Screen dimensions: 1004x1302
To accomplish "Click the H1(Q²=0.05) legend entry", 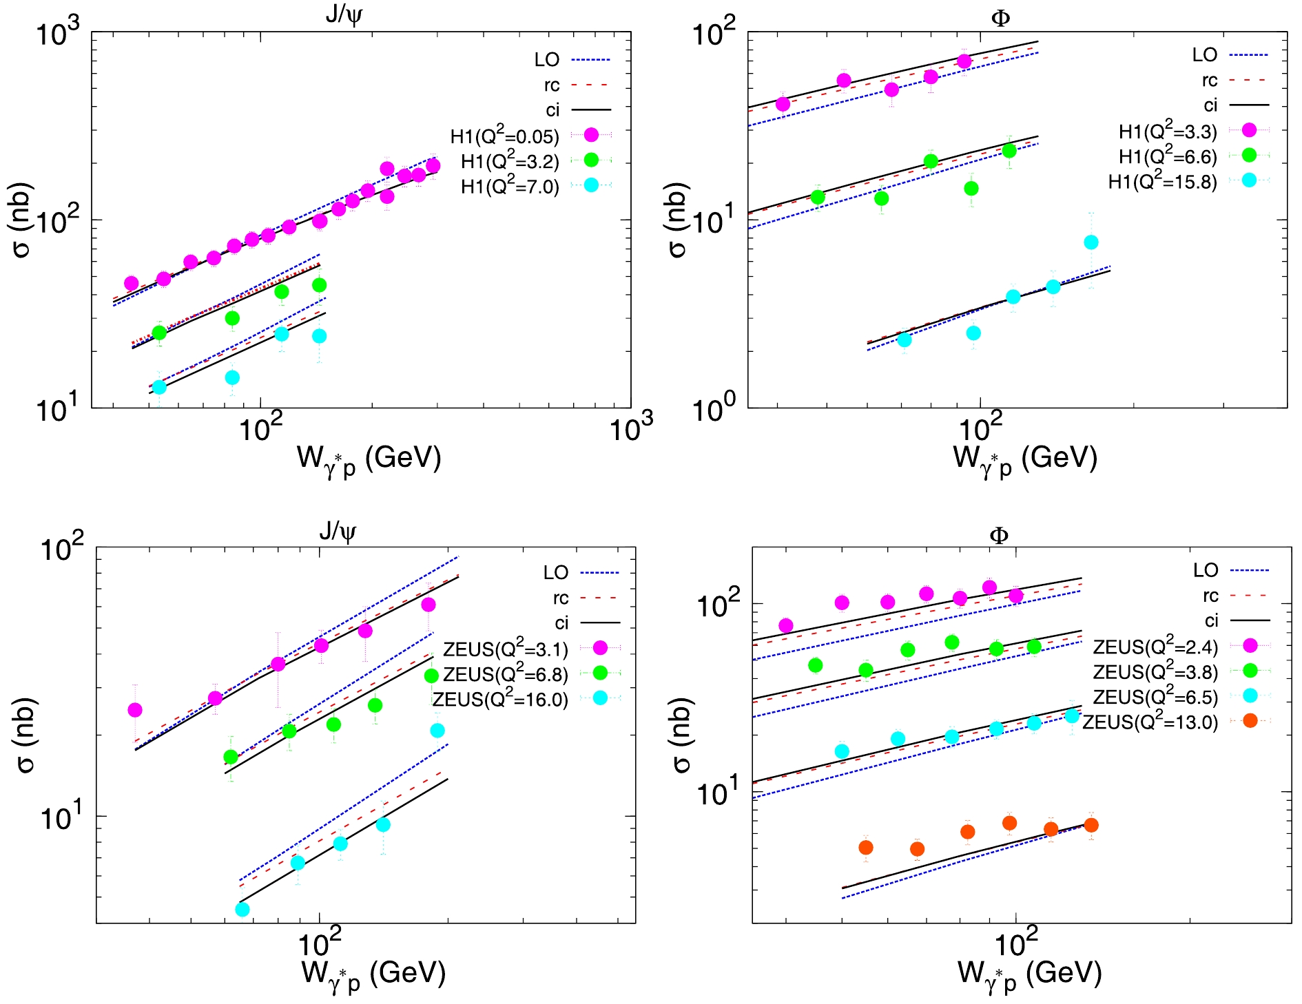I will pyautogui.click(x=505, y=136).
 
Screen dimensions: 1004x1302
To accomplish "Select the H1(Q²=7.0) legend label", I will pyautogui.click(x=510, y=187).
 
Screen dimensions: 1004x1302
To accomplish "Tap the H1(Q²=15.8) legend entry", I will pyautogui.click(x=1162, y=182).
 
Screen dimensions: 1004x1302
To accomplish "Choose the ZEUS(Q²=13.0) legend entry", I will pyautogui.click(x=1150, y=722).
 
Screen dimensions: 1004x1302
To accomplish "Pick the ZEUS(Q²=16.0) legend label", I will pyautogui.click(x=500, y=700).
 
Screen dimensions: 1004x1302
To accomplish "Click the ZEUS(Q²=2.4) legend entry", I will pyautogui.click(x=1155, y=647).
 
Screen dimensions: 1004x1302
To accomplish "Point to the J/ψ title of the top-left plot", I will pyautogui.click(x=344, y=15).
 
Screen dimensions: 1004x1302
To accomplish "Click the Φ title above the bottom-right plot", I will pyautogui.click(x=999, y=535).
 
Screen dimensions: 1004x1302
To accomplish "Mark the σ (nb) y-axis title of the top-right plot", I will pyautogui.click(x=678, y=220).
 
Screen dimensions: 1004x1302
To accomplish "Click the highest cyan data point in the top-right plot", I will pyautogui.click(x=1091, y=242).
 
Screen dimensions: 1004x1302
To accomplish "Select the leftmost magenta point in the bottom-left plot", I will pyautogui.click(x=135, y=710).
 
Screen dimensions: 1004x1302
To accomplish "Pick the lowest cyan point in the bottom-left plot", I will pyautogui.click(x=242, y=910).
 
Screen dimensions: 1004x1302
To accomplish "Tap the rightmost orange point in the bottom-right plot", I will pyautogui.click(x=1091, y=825).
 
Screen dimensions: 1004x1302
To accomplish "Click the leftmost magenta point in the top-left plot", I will pyautogui.click(x=131, y=284).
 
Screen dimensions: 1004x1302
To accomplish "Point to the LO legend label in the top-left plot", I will pyautogui.click(x=547, y=60).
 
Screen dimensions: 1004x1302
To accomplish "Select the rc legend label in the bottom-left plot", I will pyautogui.click(x=561, y=598).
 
